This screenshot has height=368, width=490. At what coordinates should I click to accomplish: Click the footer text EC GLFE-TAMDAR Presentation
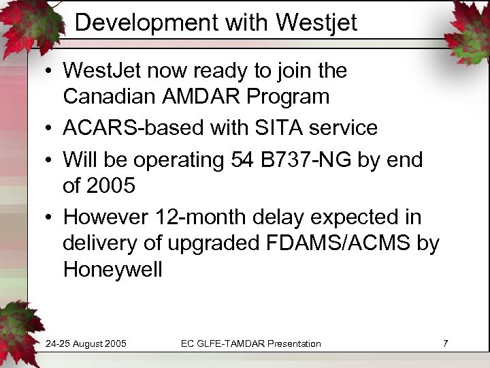pyautogui.click(x=250, y=343)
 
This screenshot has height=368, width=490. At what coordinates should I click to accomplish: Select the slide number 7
pyautogui.click(x=445, y=343)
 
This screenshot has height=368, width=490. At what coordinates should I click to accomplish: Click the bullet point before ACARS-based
pyautogui.click(x=52, y=128)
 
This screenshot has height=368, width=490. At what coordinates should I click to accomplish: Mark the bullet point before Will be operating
pyautogui.click(x=52, y=159)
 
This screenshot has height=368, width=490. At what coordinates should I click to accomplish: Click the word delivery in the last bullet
pyautogui.click(x=99, y=243)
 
